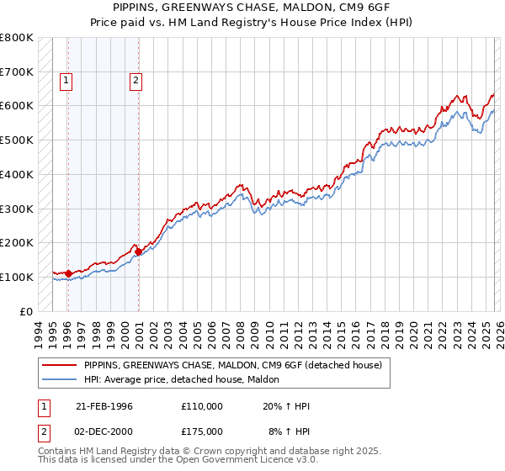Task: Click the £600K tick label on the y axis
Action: (17, 106)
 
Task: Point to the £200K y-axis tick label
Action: (17, 242)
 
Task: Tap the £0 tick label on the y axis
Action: (27, 311)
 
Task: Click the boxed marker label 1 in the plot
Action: (66, 82)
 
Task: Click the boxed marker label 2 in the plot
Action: (135, 82)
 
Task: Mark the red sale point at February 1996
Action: (68, 273)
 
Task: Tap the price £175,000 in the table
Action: (201, 431)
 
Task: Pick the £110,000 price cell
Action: (201, 406)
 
